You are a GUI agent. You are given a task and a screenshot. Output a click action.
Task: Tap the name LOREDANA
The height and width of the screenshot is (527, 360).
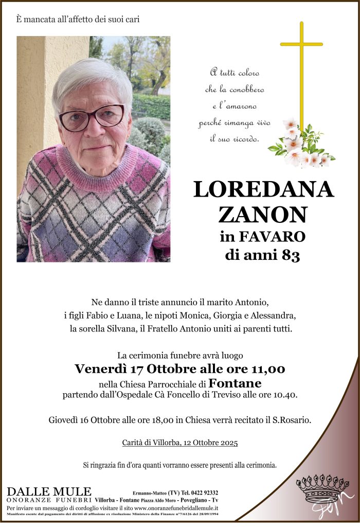(263, 190)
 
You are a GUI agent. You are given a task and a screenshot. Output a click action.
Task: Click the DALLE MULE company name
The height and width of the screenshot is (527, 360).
(49, 491)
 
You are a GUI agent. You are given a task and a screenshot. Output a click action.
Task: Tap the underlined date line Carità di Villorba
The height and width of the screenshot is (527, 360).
(180, 443)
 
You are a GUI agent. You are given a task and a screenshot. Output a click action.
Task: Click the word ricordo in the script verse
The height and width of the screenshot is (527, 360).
(253, 139)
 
